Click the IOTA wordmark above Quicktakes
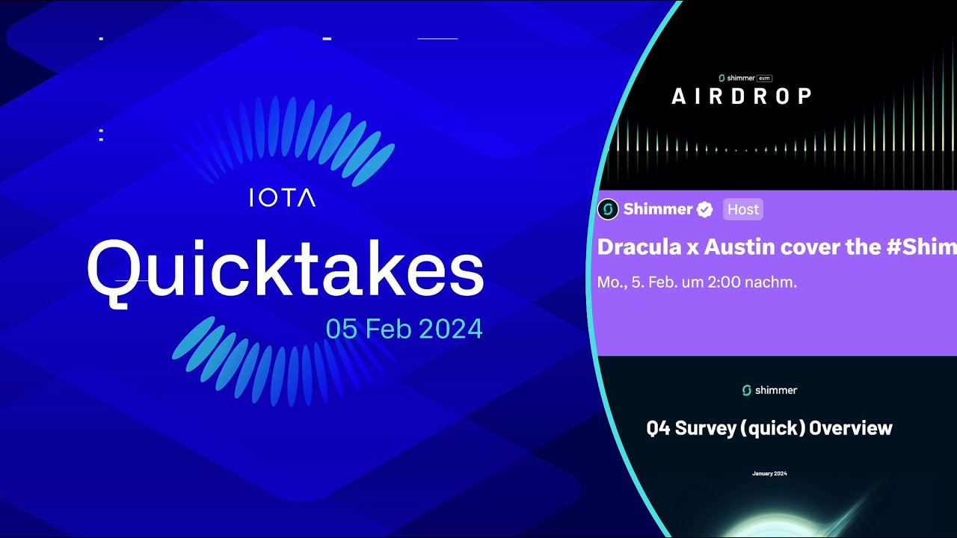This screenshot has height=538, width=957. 282,198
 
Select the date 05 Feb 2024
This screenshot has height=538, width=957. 404,329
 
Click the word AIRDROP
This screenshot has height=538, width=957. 742,96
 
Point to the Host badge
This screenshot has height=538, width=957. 743,209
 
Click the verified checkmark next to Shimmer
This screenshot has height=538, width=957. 705,209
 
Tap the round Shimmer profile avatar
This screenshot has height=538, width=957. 609,209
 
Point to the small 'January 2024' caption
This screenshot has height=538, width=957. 769,474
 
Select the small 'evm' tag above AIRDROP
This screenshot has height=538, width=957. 764,78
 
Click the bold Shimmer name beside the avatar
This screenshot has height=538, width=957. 658,209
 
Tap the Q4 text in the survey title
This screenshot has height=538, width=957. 659,428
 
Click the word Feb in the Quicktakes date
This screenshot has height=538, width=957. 387,329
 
